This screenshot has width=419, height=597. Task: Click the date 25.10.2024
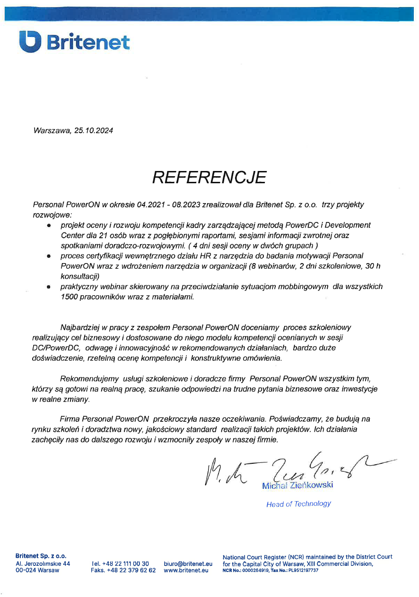[94, 131]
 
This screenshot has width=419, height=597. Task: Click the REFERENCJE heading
[209, 177]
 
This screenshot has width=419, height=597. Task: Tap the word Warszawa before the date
[52, 131]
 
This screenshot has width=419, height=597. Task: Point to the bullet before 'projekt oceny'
[49, 226]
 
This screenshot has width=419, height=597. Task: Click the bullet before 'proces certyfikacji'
[49, 256]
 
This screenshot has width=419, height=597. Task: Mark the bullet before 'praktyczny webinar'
[49, 287]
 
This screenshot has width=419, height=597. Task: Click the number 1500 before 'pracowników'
[70, 297]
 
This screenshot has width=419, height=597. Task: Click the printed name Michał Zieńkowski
[297, 485]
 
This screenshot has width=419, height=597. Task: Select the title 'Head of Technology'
[298, 504]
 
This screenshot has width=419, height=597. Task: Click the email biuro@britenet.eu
[188, 563]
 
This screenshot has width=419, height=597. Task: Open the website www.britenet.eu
[186, 570]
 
